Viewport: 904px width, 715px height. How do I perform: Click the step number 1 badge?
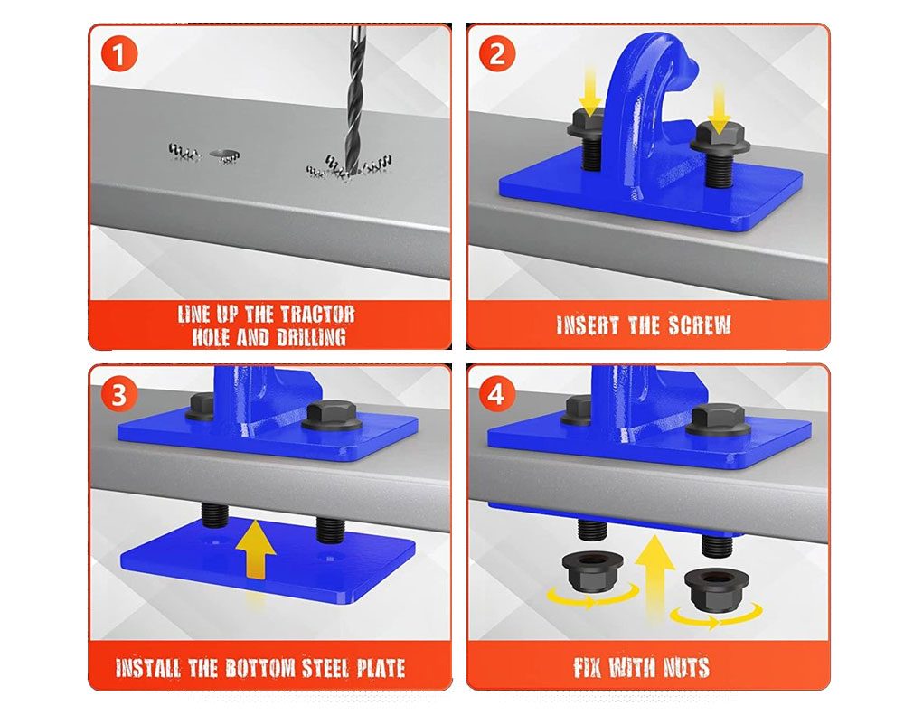pyautogui.click(x=119, y=55)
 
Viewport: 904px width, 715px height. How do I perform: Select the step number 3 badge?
pyautogui.click(x=119, y=396)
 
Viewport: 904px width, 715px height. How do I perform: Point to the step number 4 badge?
pyautogui.click(x=496, y=396)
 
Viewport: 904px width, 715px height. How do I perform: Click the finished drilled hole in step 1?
pyautogui.click(x=224, y=155)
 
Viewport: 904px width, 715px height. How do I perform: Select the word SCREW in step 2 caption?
pyautogui.click(x=700, y=325)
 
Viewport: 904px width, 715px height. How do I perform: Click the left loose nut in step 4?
pyautogui.click(x=591, y=571)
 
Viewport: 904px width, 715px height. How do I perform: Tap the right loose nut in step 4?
pyautogui.click(x=715, y=589)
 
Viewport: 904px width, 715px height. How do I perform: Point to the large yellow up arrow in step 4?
pyautogui.click(x=654, y=577)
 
